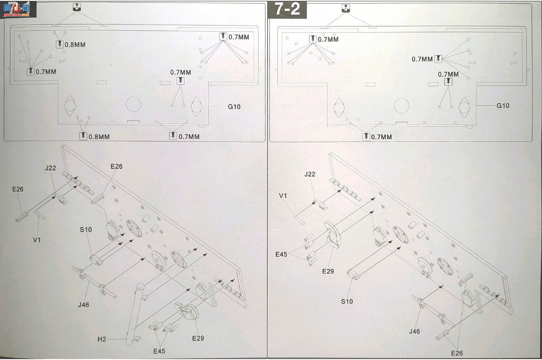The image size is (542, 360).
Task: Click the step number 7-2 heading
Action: [288, 9]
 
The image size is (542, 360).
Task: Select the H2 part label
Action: [102, 339]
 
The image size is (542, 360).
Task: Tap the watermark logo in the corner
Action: [17, 9]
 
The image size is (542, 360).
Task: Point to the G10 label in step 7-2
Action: [503, 106]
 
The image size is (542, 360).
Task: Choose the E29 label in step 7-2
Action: [328, 271]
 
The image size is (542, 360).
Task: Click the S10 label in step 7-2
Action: [347, 301]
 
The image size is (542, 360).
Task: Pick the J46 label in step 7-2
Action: [414, 331]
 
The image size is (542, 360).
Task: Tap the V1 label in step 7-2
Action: [283, 196]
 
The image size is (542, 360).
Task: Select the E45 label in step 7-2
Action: [281, 254]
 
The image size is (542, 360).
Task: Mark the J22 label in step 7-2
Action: [310, 174]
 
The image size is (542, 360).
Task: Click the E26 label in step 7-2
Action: [457, 353]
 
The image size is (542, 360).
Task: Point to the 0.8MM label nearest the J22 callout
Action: [75, 45]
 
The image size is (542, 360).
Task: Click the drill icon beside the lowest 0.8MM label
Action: [83, 136]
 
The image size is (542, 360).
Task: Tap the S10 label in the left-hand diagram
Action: [86, 230]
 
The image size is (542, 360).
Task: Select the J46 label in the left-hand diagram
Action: [84, 304]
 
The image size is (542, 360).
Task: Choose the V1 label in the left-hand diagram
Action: [37, 240]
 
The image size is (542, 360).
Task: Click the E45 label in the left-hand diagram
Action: [159, 351]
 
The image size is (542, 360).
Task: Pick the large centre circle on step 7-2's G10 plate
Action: [402, 106]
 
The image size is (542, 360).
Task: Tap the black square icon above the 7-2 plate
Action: [346, 8]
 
